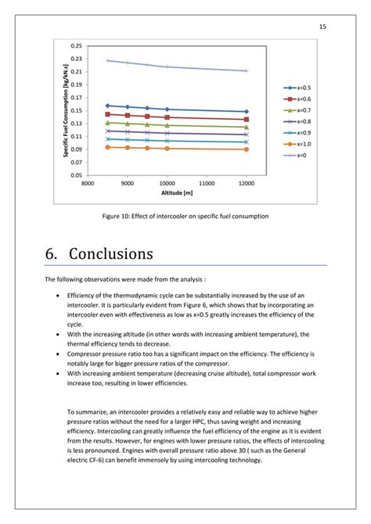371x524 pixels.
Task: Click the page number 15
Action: click(x=322, y=27)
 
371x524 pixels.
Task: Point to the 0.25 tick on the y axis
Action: click(x=76, y=45)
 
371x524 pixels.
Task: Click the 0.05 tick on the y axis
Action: click(x=76, y=174)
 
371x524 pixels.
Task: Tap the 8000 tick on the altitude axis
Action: click(x=88, y=183)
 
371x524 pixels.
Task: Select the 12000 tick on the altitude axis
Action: click(x=246, y=183)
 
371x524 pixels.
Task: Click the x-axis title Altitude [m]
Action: click(x=166, y=193)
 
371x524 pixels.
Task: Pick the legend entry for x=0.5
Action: click(x=297, y=88)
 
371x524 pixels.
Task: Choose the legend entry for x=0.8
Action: click(x=297, y=121)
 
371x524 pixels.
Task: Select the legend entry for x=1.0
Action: click(x=297, y=144)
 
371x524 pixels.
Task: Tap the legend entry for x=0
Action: click(x=296, y=155)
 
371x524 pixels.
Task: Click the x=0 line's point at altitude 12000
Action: click(x=246, y=70)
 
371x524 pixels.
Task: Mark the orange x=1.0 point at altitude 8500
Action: click(x=107, y=147)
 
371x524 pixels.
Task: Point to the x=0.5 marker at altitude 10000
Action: click(x=167, y=109)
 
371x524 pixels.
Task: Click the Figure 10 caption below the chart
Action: click(x=185, y=216)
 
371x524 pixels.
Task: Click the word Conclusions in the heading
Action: click(x=111, y=254)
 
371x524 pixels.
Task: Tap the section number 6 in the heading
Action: click(x=52, y=254)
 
